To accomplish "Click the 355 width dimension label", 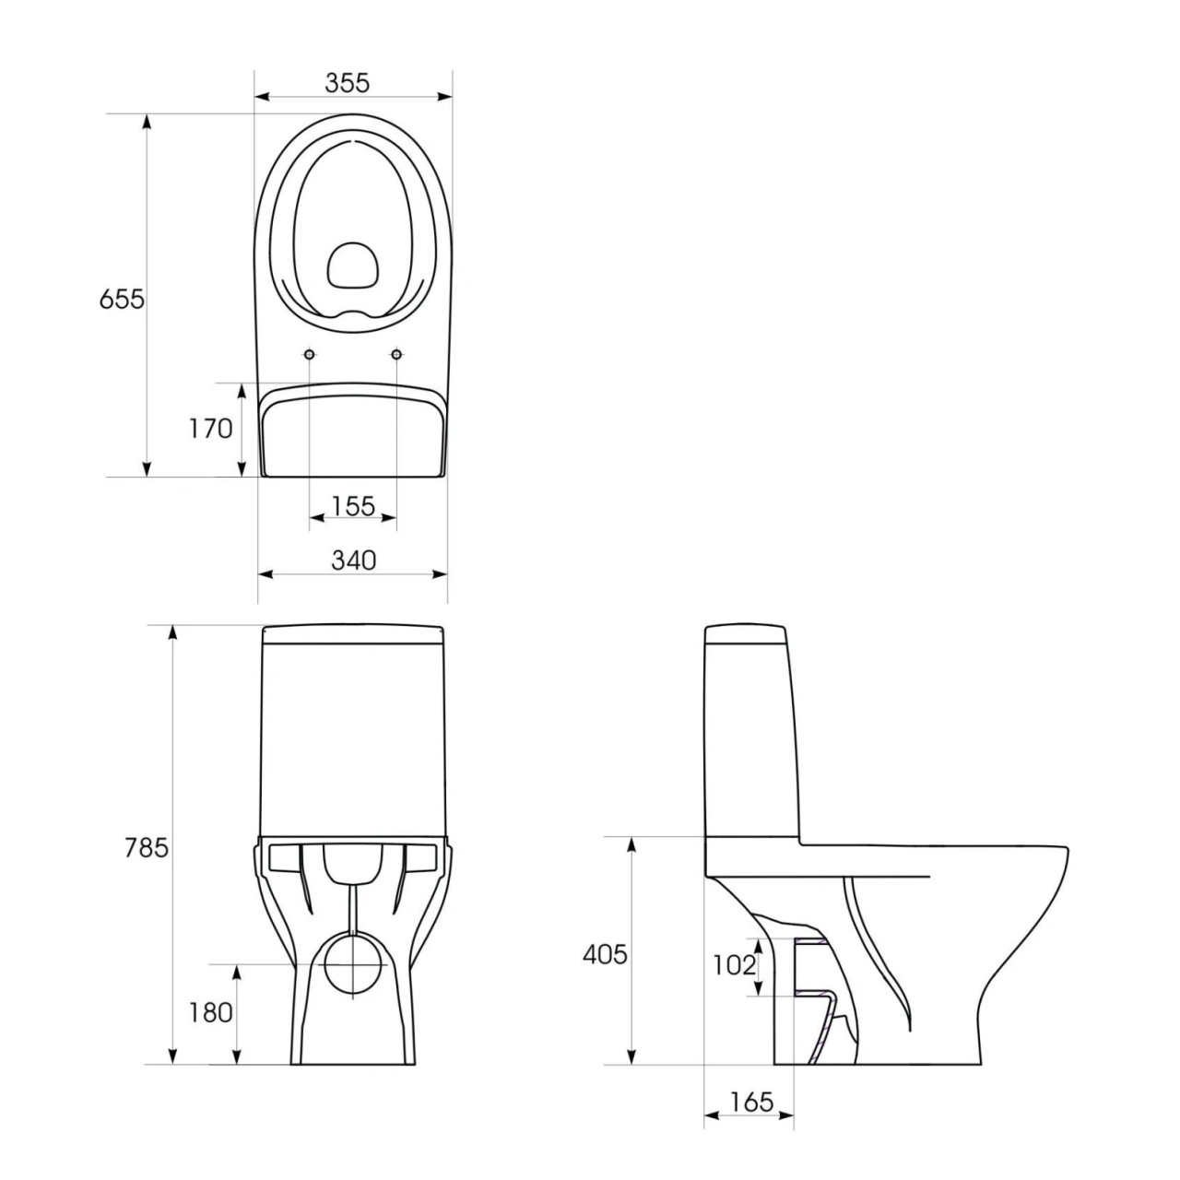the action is tap(348, 83).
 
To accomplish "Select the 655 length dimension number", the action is tap(122, 300).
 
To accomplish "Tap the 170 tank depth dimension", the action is tap(210, 429).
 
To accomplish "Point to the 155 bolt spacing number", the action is tap(353, 506).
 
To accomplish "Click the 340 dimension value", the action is tap(353, 560).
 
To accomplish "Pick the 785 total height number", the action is tap(147, 848).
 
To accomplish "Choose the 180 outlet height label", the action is tap(210, 1013).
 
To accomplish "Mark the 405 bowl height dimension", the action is tap(605, 955).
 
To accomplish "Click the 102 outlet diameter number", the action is tap(734, 966).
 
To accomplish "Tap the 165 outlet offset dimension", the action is tap(752, 1103).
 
